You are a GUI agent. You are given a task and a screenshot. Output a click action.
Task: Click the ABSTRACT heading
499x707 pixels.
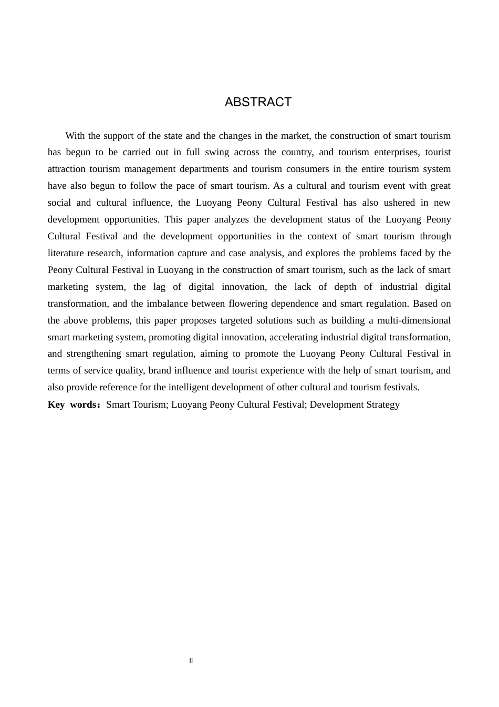click(258, 102)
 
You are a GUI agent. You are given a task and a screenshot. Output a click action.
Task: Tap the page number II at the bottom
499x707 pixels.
click(191, 661)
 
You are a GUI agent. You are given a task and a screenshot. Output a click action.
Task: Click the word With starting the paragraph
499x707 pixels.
click(75, 136)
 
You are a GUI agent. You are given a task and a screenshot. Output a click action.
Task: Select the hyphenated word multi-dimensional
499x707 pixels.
click(414, 320)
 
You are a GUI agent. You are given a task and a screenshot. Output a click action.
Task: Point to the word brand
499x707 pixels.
click(160, 370)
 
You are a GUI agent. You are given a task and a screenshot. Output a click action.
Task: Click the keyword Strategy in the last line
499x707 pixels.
click(383, 405)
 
